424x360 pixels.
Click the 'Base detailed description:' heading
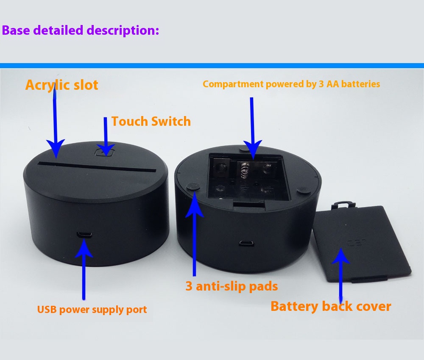point(81,30)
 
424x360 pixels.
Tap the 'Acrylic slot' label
point(61,85)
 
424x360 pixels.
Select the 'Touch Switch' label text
point(151,122)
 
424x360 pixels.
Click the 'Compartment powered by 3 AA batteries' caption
point(291,84)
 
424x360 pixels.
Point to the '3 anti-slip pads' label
point(232,286)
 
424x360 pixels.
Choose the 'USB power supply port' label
point(92,310)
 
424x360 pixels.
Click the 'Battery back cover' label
point(331,306)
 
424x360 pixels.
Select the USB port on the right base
point(245,243)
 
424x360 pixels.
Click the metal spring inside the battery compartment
point(243,170)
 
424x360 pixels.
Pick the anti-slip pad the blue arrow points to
point(193,186)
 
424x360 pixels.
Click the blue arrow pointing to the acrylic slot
point(55,123)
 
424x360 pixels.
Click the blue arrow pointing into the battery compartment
point(252,127)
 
